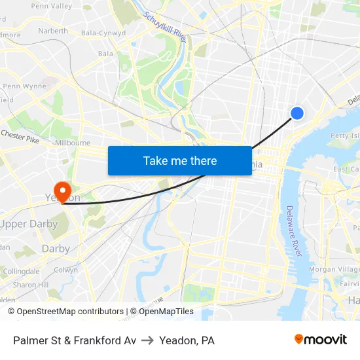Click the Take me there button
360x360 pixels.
pyautogui.click(x=180, y=160)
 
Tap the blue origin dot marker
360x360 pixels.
pyautogui.click(x=297, y=113)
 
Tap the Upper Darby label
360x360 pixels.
pyautogui.click(x=29, y=224)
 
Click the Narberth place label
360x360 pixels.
pyautogui.click(x=52, y=31)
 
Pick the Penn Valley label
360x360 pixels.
pyautogui.click(x=51, y=6)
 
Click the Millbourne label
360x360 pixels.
pyautogui.click(x=73, y=142)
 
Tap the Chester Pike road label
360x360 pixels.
pyautogui.click(x=20, y=135)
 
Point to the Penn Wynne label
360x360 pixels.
pyautogui.click(x=24, y=86)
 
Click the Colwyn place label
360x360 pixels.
pyautogui.click(x=65, y=270)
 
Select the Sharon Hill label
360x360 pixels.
pyautogui.click(x=30, y=285)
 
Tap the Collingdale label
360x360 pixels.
pyautogui.click(x=21, y=271)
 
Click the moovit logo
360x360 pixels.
pyautogui.click(x=321, y=340)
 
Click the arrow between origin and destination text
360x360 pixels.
pyautogui.click(x=147, y=340)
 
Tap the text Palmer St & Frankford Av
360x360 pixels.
pyautogui.click(x=75, y=340)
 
